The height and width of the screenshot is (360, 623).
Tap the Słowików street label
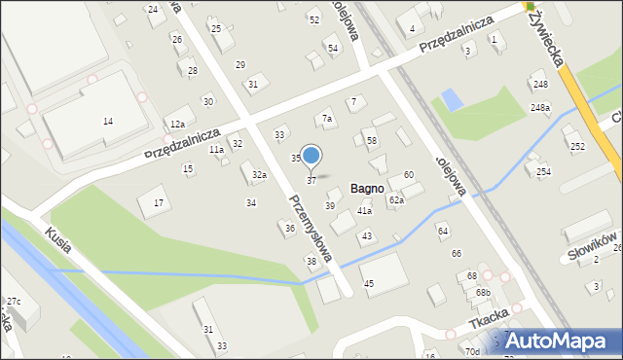[589, 248]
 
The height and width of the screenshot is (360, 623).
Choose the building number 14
[108, 121]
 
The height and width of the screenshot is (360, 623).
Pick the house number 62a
[396, 199]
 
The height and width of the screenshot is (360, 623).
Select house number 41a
[364, 211]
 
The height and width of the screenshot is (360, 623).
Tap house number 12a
[176, 125]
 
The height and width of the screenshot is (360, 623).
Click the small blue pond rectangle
[452, 99]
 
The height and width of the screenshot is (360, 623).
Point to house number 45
[369, 283]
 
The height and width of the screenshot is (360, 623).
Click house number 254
[542, 172]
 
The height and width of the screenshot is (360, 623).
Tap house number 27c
[13, 301]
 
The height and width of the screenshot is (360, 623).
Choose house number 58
[371, 141]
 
